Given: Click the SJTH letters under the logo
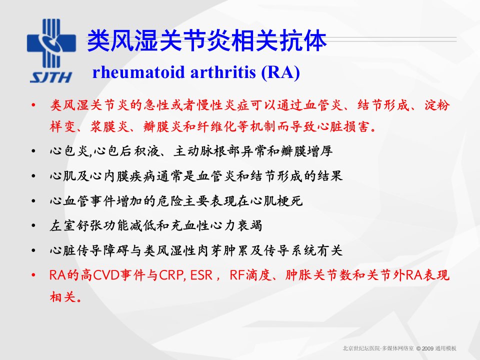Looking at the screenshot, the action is click(51, 77).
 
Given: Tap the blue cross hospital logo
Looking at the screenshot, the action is click(51, 43).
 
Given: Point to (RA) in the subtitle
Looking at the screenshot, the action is click(280, 73).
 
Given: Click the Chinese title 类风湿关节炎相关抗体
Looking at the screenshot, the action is click(207, 40).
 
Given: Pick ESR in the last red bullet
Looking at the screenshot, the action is click(201, 275).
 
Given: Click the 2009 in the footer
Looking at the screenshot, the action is click(427, 348).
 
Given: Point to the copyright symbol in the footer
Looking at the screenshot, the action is click(418, 348).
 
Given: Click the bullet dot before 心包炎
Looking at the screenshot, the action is click(33, 151).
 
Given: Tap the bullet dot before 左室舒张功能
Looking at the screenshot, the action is click(33, 226).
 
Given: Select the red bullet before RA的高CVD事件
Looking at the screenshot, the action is click(33, 275).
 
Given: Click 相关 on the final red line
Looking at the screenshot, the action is click(62, 296).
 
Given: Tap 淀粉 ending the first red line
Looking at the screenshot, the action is click(437, 105).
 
